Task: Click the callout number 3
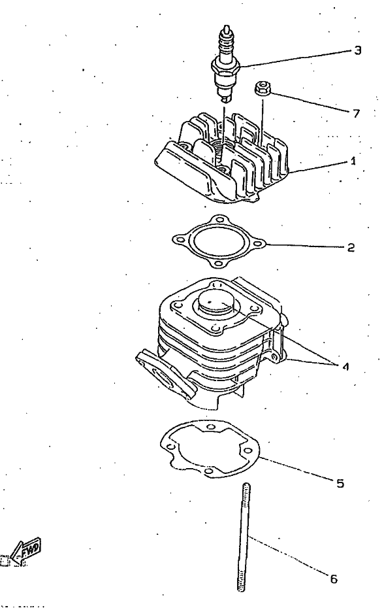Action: point(357,50)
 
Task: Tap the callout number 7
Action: point(356,113)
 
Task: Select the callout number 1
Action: point(353,161)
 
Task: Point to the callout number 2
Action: point(351,247)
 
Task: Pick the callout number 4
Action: point(345,366)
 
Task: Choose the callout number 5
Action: point(340,484)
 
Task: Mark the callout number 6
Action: point(334,579)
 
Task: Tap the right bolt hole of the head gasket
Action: point(259,245)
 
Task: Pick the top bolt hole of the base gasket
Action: point(210,427)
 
